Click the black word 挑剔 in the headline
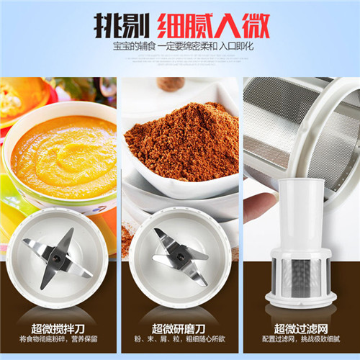tap(122, 26)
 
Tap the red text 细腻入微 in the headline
tap(214, 26)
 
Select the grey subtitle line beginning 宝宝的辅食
tap(184, 46)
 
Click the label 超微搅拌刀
tap(58, 328)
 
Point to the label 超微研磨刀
tap(179, 328)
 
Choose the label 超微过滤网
tap(301, 328)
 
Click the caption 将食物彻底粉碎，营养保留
tap(58, 339)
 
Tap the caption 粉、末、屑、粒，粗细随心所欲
tap(180, 339)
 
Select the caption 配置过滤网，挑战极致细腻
tap(301, 339)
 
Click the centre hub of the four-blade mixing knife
tap(57, 258)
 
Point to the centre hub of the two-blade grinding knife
tap(179, 257)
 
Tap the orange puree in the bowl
tap(64, 156)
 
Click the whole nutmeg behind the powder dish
tap(171, 84)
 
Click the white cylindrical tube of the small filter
tap(301, 215)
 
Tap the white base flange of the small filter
tap(301, 300)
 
